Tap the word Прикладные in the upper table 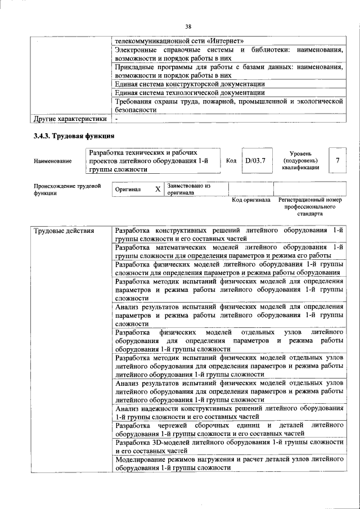pos(133,67)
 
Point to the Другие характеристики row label pos(69,119)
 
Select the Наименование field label pos(53,161)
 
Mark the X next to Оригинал pos(158,190)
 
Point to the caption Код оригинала pos(251,200)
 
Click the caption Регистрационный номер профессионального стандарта pos(310,207)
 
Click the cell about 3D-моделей pos(229,447)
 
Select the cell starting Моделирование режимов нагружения pos(229,463)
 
